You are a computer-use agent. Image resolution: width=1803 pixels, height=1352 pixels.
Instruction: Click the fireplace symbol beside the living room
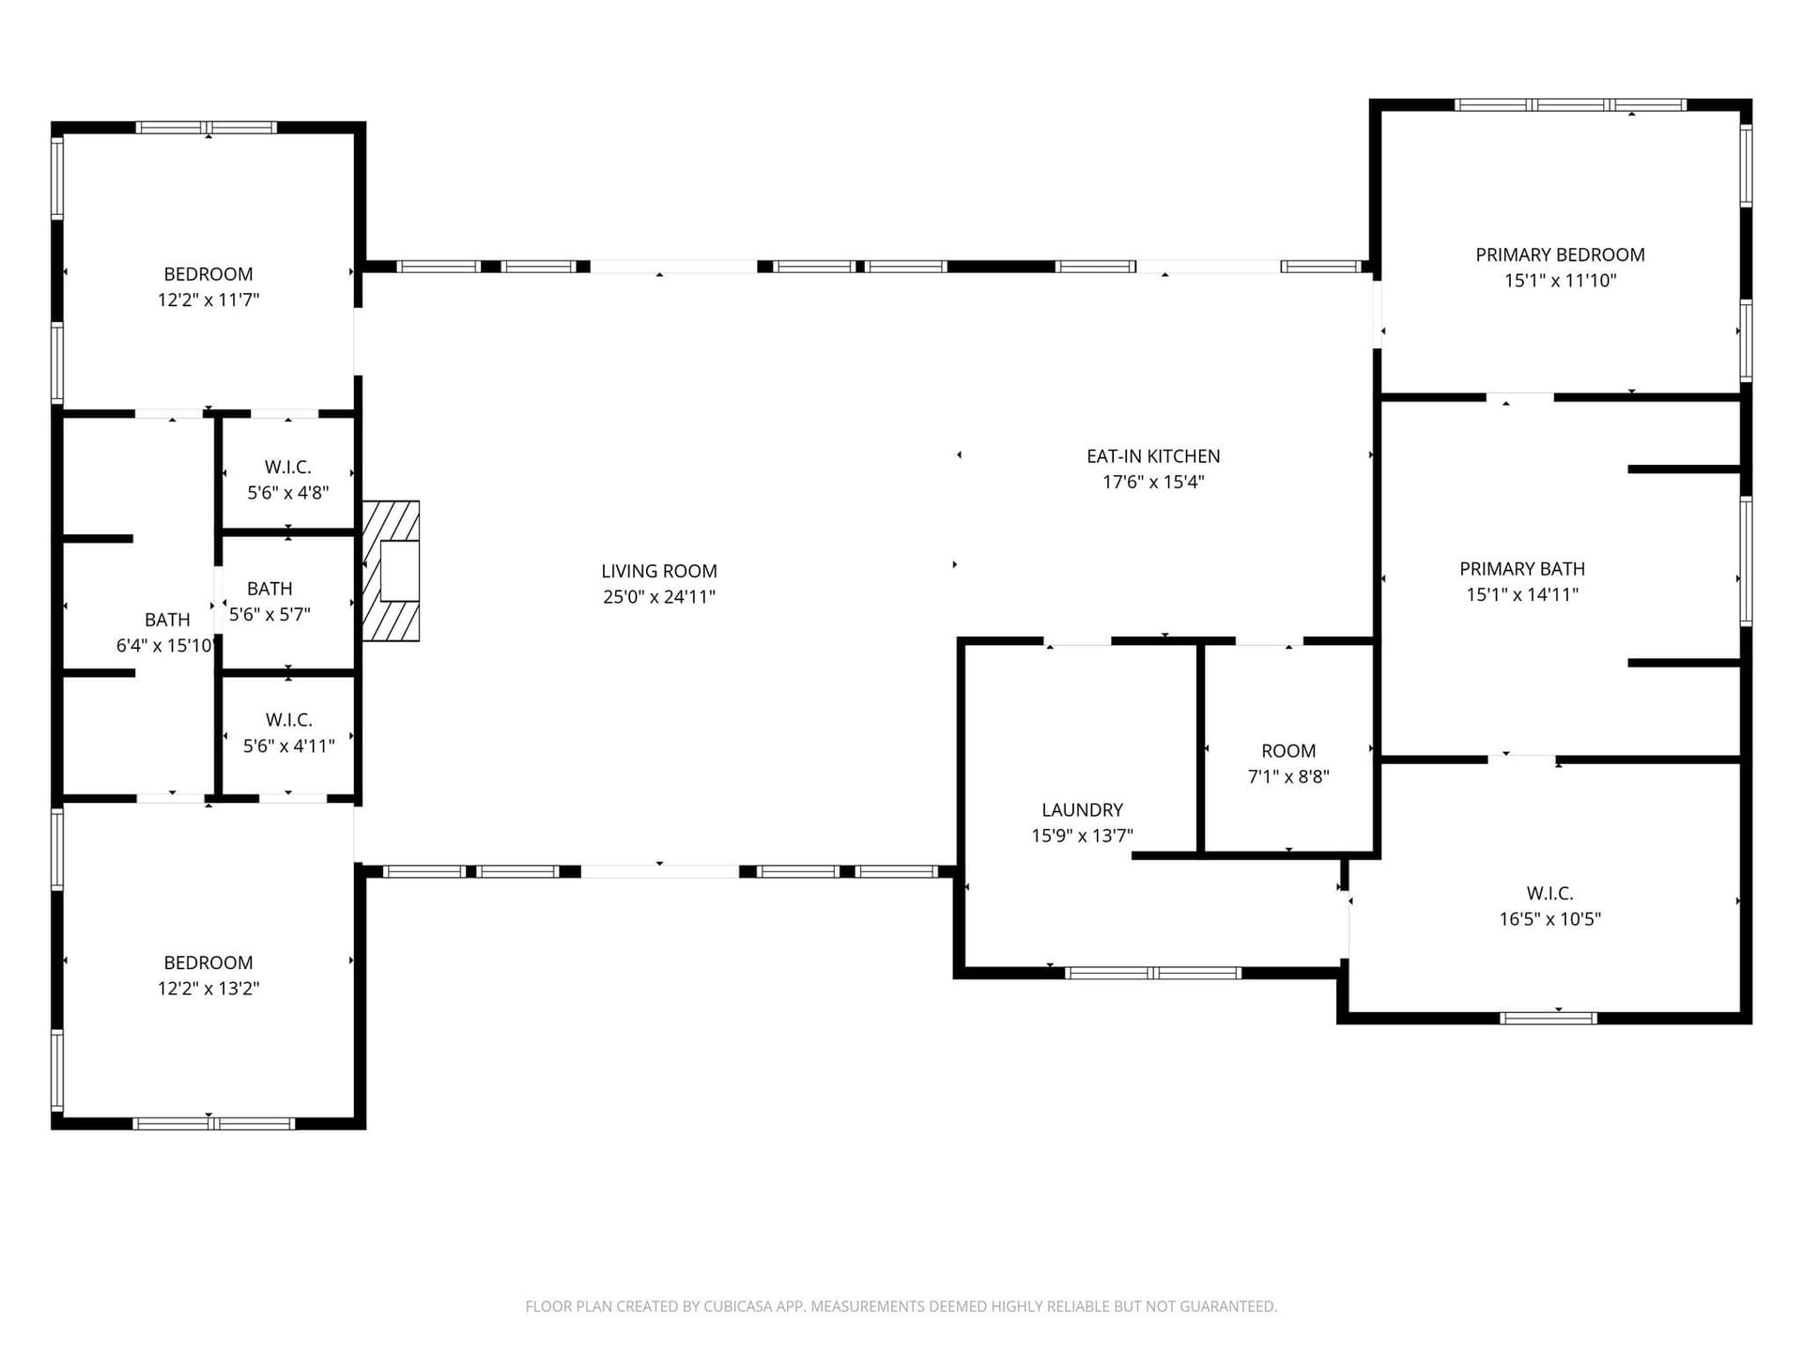pyautogui.click(x=392, y=571)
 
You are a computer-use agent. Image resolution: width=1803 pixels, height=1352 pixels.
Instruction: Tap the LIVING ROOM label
pyautogui.click(x=659, y=571)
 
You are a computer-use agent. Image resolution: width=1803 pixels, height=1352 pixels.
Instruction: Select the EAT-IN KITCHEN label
pyautogui.click(x=1153, y=456)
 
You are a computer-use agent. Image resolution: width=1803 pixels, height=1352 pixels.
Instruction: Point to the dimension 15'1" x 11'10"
pyautogui.click(x=1560, y=280)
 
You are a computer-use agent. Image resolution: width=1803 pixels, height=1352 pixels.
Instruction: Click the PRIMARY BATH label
pyautogui.click(x=1522, y=569)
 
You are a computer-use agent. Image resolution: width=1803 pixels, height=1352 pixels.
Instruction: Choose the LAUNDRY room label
pyautogui.click(x=1082, y=810)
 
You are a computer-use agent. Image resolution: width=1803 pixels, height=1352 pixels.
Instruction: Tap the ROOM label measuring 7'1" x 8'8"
pyautogui.click(x=1288, y=751)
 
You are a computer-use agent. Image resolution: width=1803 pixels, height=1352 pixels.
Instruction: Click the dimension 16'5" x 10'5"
pyautogui.click(x=1549, y=919)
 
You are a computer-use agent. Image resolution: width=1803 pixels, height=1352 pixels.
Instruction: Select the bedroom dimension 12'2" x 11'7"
pyautogui.click(x=208, y=300)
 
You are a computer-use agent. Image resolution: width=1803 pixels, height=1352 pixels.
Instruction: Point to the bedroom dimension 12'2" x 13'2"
pyautogui.click(x=208, y=988)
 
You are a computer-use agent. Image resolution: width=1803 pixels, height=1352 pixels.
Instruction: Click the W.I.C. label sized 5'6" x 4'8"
pyautogui.click(x=287, y=468)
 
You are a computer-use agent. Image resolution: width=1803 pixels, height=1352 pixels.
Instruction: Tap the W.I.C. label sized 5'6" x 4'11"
pyautogui.click(x=288, y=720)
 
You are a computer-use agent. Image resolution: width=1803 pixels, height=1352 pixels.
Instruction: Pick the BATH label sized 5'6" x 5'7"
pyautogui.click(x=270, y=589)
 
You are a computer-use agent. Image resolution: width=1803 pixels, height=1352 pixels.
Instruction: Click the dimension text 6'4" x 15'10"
pyautogui.click(x=165, y=645)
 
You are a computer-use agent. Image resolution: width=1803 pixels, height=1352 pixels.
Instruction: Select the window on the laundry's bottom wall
pyautogui.click(x=1153, y=974)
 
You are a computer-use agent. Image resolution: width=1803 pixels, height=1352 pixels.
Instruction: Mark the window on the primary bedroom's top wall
pyautogui.click(x=1570, y=105)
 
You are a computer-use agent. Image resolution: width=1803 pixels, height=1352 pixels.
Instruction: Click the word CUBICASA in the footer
pyautogui.click(x=737, y=1306)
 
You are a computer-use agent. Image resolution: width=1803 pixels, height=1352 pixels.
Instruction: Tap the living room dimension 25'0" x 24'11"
pyautogui.click(x=659, y=597)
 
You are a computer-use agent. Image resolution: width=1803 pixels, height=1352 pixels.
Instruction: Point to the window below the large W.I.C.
pyautogui.click(x=1548, y=1018)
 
